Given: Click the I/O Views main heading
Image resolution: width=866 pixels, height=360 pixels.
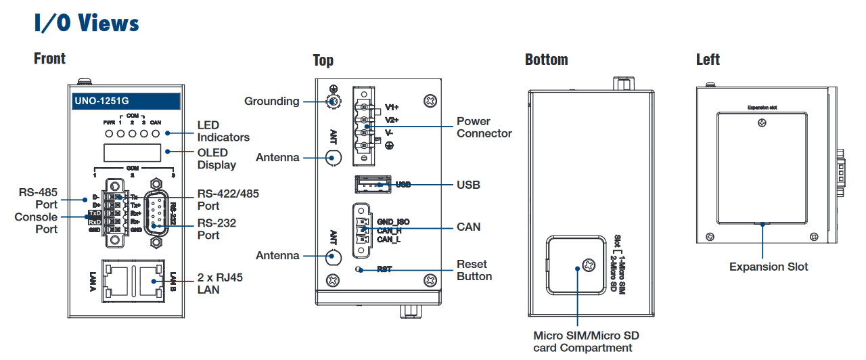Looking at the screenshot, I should [87, 23].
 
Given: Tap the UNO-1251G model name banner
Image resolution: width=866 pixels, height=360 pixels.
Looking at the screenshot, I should [126, 102].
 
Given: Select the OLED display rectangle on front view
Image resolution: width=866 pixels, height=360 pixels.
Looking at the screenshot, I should [132, 153].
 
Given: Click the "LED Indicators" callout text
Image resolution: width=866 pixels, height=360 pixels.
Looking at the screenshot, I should [223, 131].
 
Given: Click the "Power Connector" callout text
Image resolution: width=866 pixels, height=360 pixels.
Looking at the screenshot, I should [484, 127].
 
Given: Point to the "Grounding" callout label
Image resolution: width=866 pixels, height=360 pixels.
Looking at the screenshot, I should [271, 102].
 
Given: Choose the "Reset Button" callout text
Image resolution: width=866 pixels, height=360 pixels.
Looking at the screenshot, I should [474, 270].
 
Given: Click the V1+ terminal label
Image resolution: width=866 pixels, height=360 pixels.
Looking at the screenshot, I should [392, 107].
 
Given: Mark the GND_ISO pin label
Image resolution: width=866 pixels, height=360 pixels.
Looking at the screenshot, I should [393, 222].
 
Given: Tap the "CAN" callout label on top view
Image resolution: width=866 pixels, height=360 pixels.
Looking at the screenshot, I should [468, 227].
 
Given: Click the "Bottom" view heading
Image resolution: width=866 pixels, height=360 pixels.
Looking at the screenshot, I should [546, 60].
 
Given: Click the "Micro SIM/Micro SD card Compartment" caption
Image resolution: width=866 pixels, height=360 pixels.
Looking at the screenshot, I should [586, 341].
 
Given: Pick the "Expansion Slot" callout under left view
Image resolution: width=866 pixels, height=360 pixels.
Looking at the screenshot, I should [768, 267].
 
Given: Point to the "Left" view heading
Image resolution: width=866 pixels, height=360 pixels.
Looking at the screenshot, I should [708, 60].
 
